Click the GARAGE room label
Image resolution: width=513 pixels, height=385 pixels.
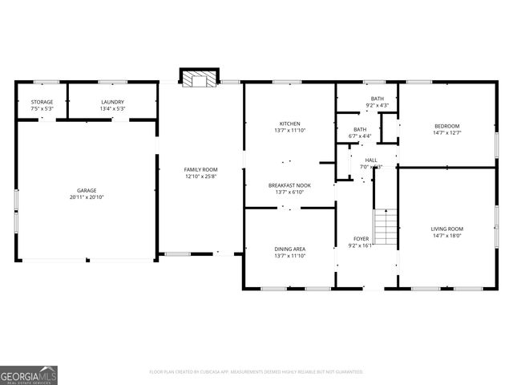coord(87,190)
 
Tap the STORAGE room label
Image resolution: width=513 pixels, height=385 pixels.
coord(42,102)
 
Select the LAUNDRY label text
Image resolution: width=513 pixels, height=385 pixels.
coord(111,102)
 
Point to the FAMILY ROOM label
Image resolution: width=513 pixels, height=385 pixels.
coord(200,169)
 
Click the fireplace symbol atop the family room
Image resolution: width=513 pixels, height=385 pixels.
coord(198,79)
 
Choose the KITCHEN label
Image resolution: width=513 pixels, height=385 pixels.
coord(289,124)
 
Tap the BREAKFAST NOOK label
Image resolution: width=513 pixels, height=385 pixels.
coord(289,185)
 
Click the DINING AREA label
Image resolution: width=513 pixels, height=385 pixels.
coord(289,249)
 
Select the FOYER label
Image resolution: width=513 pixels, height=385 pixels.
coord(362,239)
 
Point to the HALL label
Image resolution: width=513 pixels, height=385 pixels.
coord(371,160)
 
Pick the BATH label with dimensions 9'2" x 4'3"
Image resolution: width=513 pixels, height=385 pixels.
coord(377,99)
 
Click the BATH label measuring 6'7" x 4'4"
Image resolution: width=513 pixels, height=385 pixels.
coord(361,129)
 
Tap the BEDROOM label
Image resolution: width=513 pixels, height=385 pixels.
coord(446,126)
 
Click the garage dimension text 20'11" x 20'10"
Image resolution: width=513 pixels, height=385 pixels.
coord(87,197)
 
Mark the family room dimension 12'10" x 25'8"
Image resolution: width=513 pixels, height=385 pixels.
coord(200,176)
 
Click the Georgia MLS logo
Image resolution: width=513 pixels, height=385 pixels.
coord(29,375)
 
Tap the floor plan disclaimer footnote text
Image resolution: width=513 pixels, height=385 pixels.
coord(256,371)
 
